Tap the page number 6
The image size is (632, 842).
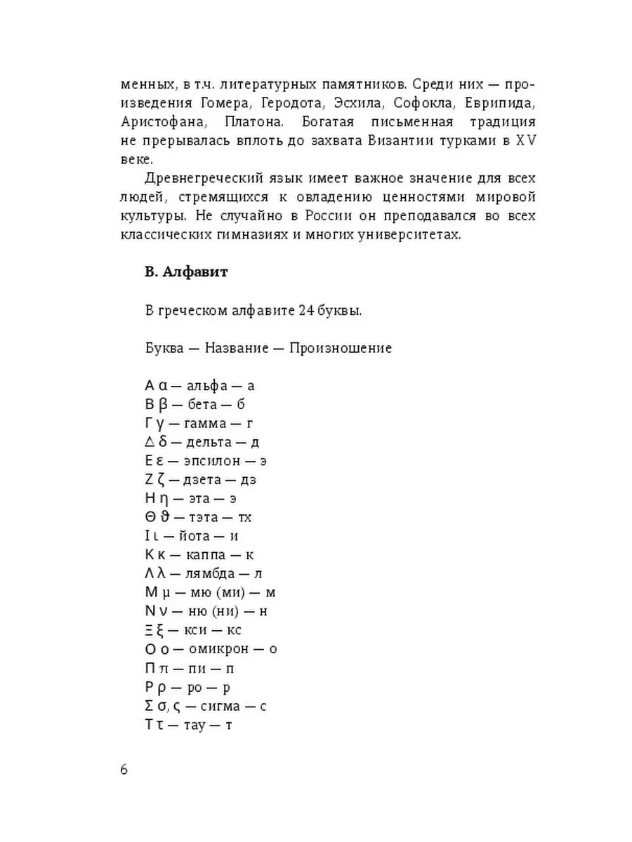tap(124, 769)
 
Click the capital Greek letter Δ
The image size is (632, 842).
tap(149, 442)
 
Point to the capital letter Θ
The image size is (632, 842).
tap(150, 518)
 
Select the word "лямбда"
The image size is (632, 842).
tap(210, 575)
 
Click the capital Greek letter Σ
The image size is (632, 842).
tap(149, 706)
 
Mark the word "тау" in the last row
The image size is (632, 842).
tap(192, 725)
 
